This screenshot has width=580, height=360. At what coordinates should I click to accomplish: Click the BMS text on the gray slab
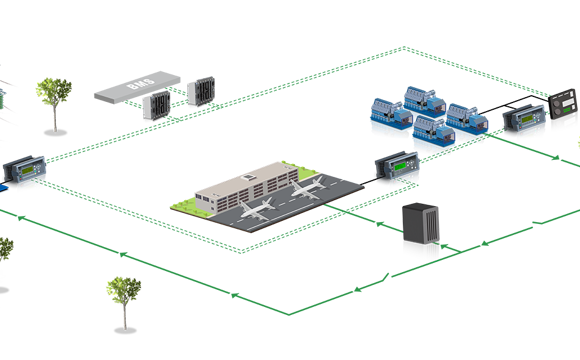[138, 87]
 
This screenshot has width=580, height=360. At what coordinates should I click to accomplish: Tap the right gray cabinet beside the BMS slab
[202, 90]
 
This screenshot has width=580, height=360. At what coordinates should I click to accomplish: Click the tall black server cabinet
[421, 232]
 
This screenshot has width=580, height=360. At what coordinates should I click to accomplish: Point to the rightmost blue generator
[464, 121]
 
